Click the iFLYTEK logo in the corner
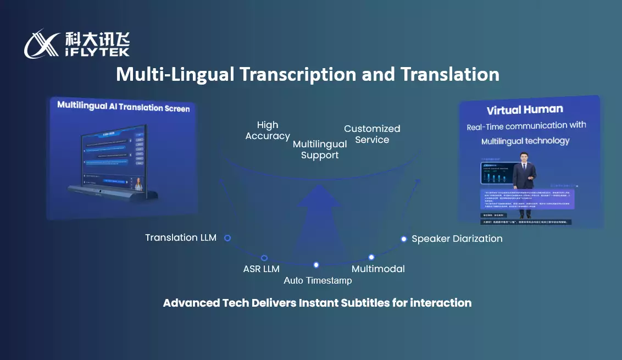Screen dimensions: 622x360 tap(77, 44)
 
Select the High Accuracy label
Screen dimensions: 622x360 tap(268, 131)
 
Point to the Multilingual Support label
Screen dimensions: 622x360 tap(320, 149)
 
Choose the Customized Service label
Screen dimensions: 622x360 tap(372, 134)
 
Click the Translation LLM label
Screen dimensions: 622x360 tap(181, 238)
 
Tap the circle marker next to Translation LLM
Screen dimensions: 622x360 tap(227, 238)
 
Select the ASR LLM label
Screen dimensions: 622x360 tap(262, 269)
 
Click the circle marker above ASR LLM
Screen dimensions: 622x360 tap(264, 258)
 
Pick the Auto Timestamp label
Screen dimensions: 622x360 tap(318, 281)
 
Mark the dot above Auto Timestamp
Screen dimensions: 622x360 tap(316, 265)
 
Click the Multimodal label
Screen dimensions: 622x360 tap(378, 269)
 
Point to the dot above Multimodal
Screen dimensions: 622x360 tap(371, 257)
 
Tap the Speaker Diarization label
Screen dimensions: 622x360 tap(457, 239)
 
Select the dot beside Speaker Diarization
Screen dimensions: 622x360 tap(404, 239)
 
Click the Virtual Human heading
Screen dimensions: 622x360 tap(525, 109)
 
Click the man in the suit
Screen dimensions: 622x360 tap(524, 176)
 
